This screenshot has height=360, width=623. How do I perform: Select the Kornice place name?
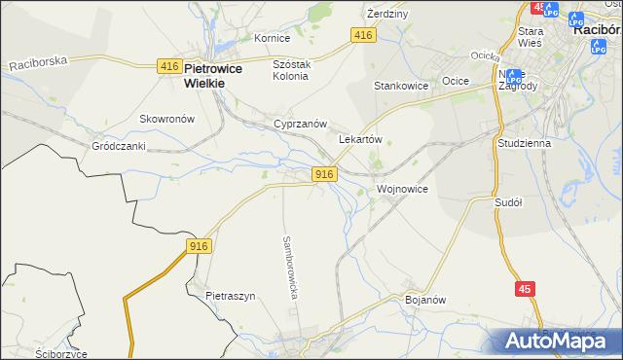[272, 38]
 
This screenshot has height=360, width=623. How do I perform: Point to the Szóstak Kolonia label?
[290, 69]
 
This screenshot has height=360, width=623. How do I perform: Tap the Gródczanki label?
[118, 146]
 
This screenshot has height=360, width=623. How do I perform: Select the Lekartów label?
[359, 139]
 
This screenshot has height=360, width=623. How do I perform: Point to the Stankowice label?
[401, 86]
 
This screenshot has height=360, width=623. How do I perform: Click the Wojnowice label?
[401, 188]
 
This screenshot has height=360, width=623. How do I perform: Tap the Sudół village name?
[508, 202]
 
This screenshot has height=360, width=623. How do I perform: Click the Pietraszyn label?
[230, 295]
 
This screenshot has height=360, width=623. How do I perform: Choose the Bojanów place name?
[424, 300]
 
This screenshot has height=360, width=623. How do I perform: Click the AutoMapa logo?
[556, 341]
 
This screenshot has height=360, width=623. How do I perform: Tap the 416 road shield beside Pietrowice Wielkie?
[169, 66]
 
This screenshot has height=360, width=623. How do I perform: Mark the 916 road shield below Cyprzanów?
[325, 173]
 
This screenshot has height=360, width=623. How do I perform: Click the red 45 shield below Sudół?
[524, 289]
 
